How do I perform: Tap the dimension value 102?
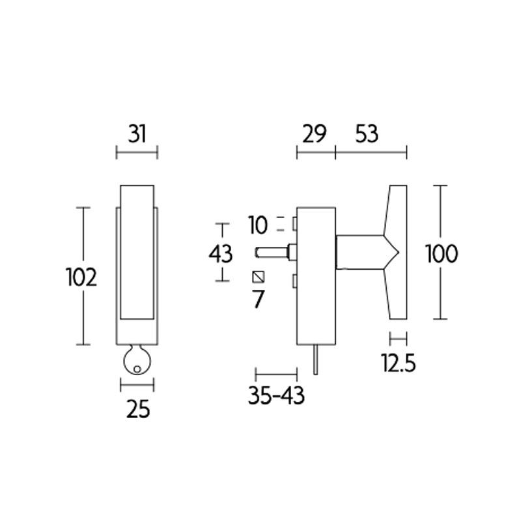(x=81, y=277)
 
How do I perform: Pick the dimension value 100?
(x=441, y=253)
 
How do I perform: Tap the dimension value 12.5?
(x=399, y=362)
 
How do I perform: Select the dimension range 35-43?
(x=276, y=396)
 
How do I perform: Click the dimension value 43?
(x=221, y=253)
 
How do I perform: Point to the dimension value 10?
(x=258, y=226)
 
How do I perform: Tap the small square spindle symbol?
(x=259, y=276)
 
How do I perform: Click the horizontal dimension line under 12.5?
(x=397, y=339)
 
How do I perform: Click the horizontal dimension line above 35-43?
(x=277, y=374)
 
